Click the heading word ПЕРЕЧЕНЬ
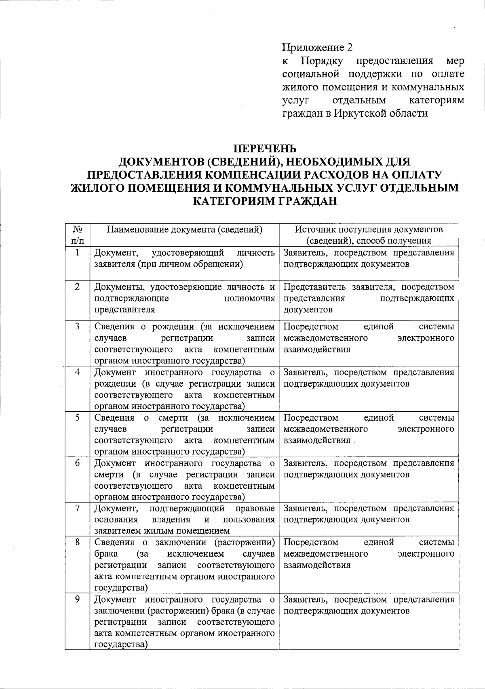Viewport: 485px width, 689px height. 266,148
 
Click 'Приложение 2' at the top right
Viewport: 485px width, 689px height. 317,48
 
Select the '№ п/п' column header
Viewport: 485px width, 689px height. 78,235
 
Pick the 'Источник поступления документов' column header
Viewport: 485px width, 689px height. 369,230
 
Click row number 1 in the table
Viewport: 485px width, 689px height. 77,253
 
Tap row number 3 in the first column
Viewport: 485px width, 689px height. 77,326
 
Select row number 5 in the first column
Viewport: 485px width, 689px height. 77,417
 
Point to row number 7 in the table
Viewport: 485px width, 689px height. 77,508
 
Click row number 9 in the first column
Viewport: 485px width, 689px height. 77,599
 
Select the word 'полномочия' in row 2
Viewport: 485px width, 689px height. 249,298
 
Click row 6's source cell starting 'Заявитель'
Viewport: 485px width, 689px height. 369,469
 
